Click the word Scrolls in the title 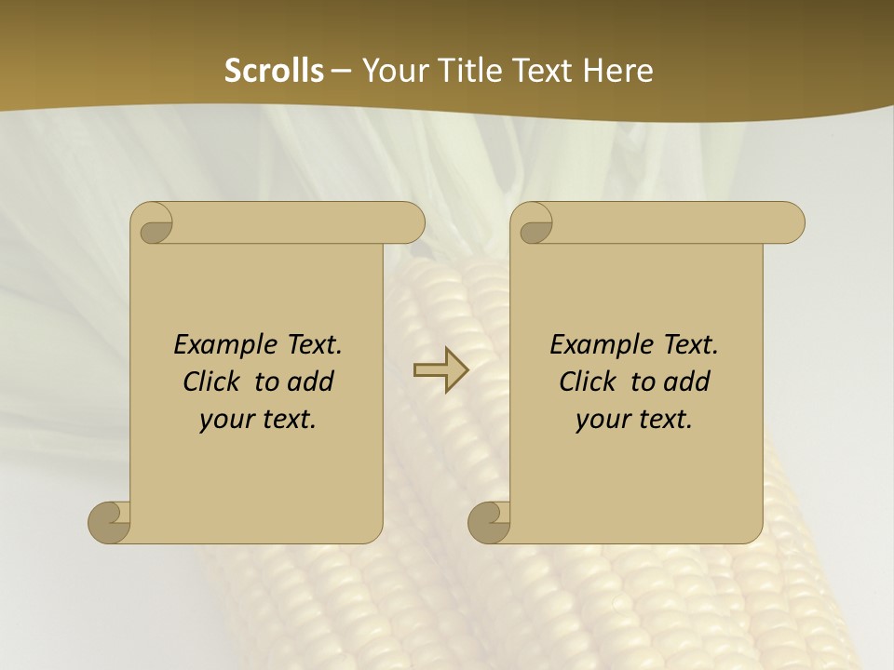point(274,71)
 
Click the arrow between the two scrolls point(440,370)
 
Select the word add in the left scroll point(312,382)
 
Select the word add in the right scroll point(688,382)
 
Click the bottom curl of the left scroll point(109,522)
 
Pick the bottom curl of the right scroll point(489,522)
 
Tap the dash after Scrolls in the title point(341,71)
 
